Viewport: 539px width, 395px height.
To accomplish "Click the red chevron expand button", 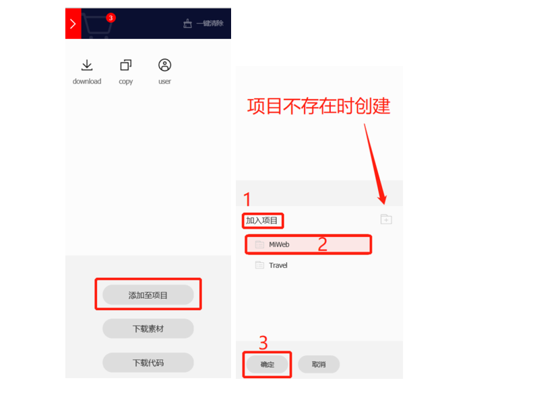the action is coord(73,24).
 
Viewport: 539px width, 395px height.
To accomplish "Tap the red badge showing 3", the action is coord(110,18).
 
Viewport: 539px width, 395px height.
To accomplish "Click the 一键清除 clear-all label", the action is coord(210,24).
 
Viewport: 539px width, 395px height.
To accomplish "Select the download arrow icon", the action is coord(87,65).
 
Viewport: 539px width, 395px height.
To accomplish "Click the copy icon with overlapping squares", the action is coord(126,65).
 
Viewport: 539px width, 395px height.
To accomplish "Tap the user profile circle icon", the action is coord(164,65).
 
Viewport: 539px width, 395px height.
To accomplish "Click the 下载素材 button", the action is coord(148,329).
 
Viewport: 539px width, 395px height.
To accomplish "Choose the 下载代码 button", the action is coord(148,363).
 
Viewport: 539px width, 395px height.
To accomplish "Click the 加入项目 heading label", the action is coord(261,220).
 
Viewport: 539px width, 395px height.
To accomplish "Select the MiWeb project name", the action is coord(279,244).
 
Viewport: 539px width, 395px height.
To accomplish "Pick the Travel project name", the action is coord(278,265).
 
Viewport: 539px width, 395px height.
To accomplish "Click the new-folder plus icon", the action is coord(386,219).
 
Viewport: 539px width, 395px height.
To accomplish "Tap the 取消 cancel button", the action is coord(319,364).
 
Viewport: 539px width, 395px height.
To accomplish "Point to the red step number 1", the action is coord(247,199).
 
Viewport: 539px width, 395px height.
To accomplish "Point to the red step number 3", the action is coord(263,343).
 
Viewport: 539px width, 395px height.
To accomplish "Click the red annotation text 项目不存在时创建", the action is coord(319,106).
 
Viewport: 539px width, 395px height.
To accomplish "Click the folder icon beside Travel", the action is coord(259,265).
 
